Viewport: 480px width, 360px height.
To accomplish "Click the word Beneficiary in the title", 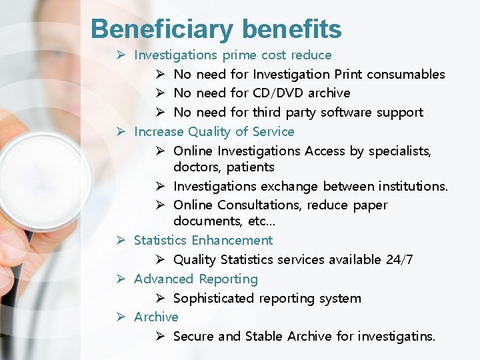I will pyautogui.click(x=162, y=29).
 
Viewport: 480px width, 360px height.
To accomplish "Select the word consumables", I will pyautogui.click(x=405, y=74).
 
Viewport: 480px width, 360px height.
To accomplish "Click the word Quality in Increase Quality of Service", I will pyautogui.click(x=209, y=131).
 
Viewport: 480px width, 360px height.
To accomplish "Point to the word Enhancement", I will pyautogui.click(x=232, y=240).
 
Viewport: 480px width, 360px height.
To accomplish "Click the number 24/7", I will pyautogui.click(x=399, y=259).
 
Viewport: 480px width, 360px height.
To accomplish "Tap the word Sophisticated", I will pyautogui.click(x=218, y=298).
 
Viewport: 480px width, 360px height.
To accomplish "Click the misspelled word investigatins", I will pyautogui.click(x=396, y=336).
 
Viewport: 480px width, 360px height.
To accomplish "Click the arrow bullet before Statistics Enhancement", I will pyautogui.click(x=122, y=240).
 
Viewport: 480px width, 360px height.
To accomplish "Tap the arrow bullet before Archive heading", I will pyautogui.click(x=122, y=317).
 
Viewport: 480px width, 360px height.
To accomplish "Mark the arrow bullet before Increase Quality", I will pyautogui.click(x=122, y=131).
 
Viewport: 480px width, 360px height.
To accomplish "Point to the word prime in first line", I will pyautogui.click(x=239, y=55).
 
